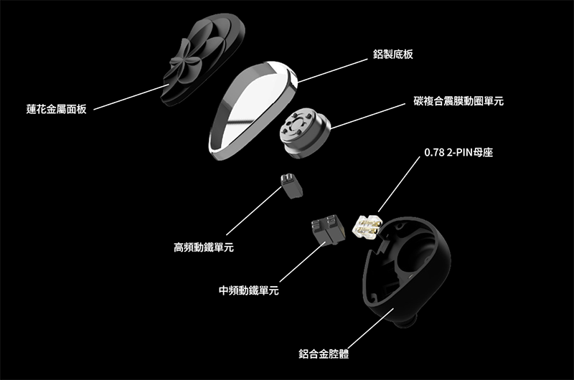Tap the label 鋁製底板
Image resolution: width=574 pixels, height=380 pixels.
393,54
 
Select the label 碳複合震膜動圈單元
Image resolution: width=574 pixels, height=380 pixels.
458,102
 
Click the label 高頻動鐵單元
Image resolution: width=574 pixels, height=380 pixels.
204,248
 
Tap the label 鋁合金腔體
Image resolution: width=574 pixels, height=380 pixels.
329,353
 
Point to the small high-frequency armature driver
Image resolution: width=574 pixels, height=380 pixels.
291,184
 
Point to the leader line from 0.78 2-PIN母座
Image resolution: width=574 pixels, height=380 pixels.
399,183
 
